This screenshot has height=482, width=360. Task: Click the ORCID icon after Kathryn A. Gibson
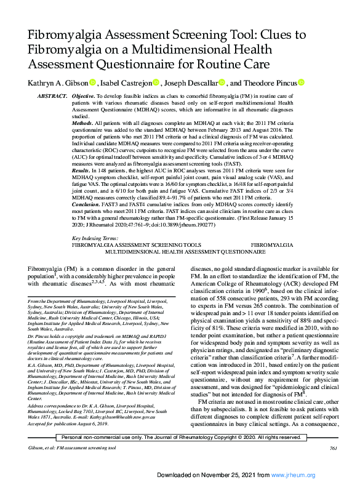coord(92,82)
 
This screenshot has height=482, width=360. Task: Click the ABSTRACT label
coord(52,97)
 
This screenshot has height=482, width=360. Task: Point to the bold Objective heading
coord(83,97)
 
